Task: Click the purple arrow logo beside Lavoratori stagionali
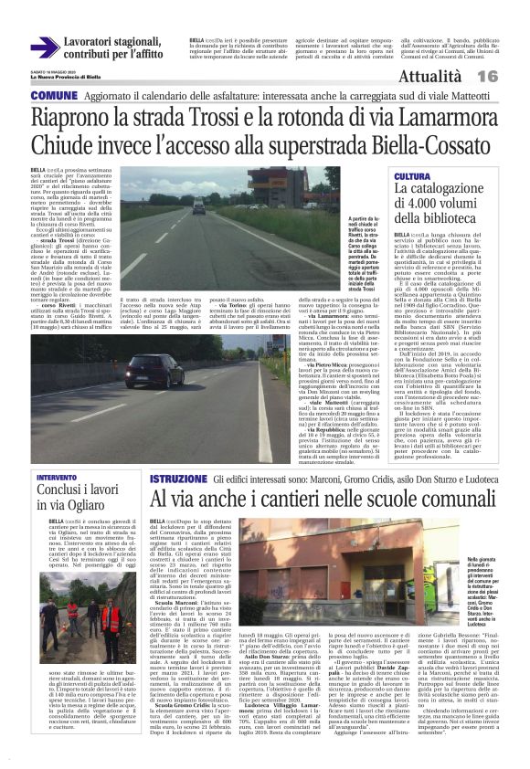click(45, 47)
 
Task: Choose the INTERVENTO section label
click(57, 478)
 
